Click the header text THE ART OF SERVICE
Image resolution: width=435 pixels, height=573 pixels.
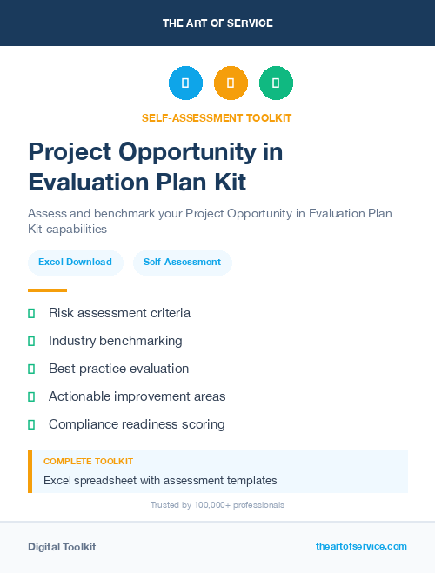click(217, 23)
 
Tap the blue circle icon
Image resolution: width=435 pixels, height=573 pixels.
click(185, 83)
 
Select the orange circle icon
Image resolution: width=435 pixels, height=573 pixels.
click(231, 83)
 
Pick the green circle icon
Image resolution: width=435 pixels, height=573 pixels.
click(276, 83)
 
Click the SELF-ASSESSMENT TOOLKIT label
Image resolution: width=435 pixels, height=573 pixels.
click(217, 117)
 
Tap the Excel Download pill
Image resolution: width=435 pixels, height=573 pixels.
click(75, 262)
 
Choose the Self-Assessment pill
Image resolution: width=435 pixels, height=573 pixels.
click(182, 262)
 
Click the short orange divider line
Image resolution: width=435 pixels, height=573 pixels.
click(47, 290)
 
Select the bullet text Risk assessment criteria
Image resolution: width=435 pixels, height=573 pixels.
click(119, 313)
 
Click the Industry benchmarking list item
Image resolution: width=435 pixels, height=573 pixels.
click(115, 341)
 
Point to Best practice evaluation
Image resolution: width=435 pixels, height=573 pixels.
click(118, 369)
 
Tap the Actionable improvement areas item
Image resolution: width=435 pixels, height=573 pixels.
click(137, 396)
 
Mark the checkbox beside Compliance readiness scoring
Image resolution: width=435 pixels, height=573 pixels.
click(31, 424)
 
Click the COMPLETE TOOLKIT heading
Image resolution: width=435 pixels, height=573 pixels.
click(88, 462)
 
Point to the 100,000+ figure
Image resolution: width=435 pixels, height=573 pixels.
click(202, 505)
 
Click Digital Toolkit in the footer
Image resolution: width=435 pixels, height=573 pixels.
click(62, 547)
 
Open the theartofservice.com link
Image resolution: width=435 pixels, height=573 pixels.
click(361, 546)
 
